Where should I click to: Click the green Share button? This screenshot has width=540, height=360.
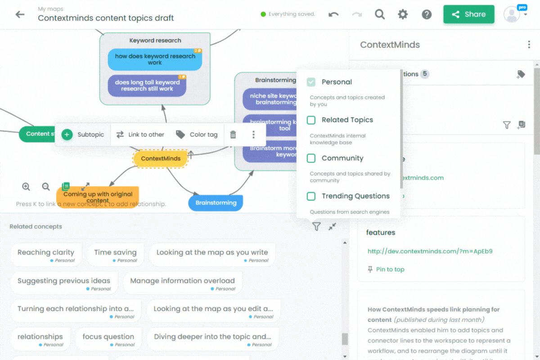point(468,14)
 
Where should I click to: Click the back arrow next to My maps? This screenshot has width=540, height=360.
point(20,14)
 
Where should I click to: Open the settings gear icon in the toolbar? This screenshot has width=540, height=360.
point(403,14)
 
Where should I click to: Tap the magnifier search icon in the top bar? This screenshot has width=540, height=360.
point(380,14)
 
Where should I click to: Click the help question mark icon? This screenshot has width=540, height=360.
point(427,14)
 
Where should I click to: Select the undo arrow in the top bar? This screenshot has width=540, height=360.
point(333,14)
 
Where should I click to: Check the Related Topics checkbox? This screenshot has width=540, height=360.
point(311,120)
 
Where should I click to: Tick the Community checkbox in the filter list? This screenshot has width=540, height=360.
point(311,158)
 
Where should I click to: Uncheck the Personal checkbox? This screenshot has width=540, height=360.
point(311,82)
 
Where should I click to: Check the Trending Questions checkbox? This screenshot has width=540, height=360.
point(311,196)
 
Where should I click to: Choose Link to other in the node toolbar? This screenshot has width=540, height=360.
point(140,135)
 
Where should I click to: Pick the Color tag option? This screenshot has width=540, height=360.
point(197,135)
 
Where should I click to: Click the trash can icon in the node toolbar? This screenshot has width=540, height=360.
point(233,135)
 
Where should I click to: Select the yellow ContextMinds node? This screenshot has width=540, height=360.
point(161,158)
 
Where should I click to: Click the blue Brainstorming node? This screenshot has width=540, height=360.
point(216,202)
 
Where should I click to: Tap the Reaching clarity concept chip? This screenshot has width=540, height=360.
point(46,255)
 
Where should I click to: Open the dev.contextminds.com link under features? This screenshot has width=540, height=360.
point(430,251)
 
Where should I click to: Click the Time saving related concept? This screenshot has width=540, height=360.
point(115,255)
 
